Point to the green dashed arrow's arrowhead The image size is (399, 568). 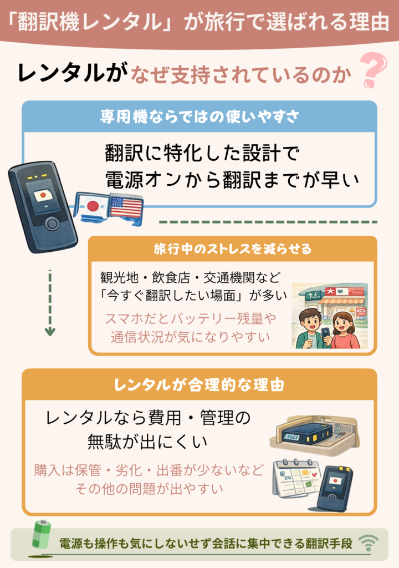[x=50, y=332]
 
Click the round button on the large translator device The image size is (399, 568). [x=52, y=224]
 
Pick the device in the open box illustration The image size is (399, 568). [x=305, y=434]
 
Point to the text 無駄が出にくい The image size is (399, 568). [x=147, y=442]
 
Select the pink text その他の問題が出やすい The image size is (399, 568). [x=149, y=488]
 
